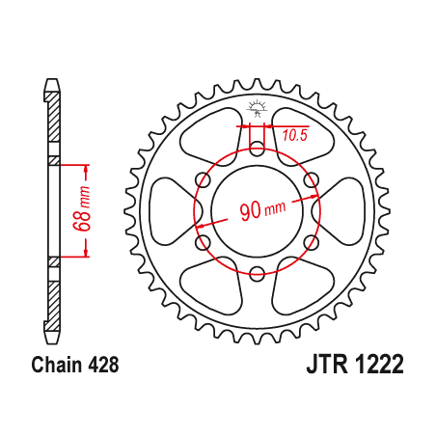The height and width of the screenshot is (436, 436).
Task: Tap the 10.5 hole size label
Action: (x=294, y=135)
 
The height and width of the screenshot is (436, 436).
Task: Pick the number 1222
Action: (x=376, y=366)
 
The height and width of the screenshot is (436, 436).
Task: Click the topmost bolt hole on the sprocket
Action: (x=257, y=149)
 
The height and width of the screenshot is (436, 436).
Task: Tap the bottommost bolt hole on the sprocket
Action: (x=257, y=276)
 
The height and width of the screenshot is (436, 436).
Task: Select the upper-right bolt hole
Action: (x=312, y=180)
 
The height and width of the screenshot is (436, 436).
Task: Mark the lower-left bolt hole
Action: (x=202, y=244)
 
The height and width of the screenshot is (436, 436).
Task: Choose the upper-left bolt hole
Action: (x=202, y=180)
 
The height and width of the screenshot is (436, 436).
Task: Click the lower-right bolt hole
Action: (x=312, y=244)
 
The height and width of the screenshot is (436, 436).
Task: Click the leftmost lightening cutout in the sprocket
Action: (x=171, y=212)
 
